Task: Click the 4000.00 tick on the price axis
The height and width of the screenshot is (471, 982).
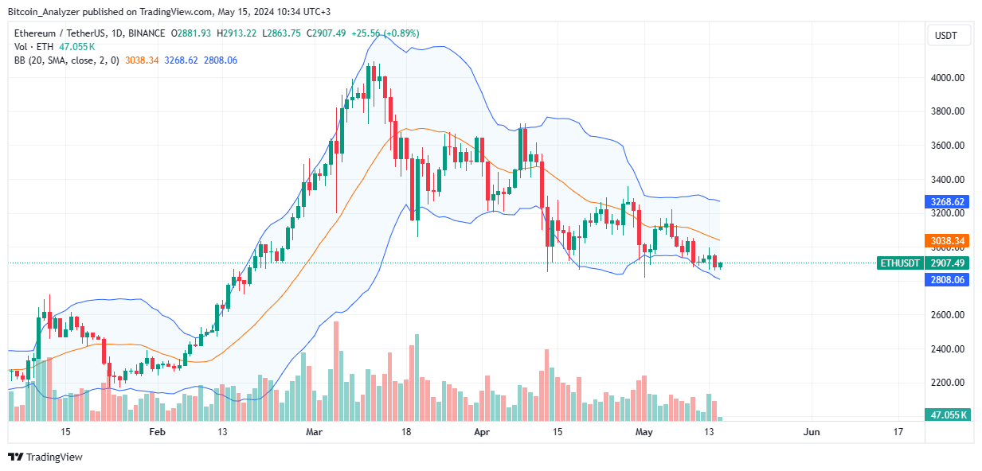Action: [x=948, y=78]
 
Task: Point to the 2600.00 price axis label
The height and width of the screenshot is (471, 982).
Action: [x=948, y=315]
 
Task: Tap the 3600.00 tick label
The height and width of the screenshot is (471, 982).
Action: [x=948, y=146]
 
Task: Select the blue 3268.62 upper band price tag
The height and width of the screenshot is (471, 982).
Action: [x=948, y=202]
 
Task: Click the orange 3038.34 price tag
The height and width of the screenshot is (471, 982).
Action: [x=948, y=240]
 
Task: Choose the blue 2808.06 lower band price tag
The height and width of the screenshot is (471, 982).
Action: [x=948, y=280]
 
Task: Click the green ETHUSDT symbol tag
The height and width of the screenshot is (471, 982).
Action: [x=899, y=263]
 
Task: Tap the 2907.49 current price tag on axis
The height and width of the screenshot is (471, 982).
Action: [x=948, y=263]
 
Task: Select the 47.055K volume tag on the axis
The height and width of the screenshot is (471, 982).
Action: [x=948, y=415]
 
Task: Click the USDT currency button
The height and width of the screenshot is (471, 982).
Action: [x=947, y=36]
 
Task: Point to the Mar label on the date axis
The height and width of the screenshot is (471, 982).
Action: [x=315, y=432]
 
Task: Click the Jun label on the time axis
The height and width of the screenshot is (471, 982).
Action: [x=811, y=432]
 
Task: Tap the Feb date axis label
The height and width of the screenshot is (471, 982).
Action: [x=157, y=432]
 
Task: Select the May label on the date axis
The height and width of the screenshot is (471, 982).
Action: [x=644, y=432]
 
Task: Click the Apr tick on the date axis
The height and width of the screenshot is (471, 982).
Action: [x=481, y=432]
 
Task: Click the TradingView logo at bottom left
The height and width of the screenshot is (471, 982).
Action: [x=45, y=457]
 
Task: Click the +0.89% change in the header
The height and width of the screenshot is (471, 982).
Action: [x=401, y=33]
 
